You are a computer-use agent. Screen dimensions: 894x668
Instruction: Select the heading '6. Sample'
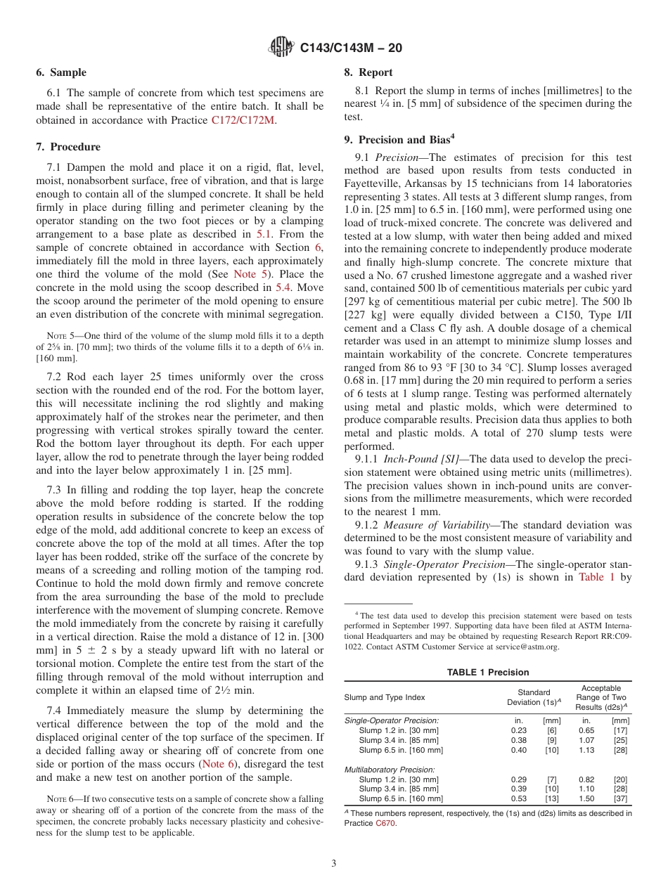pos(61,72)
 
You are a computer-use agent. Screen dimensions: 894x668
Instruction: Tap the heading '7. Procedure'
pos(68,147)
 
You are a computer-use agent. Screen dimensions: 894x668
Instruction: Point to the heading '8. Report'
pos(368,72)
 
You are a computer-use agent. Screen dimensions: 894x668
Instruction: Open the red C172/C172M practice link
pos(243,120)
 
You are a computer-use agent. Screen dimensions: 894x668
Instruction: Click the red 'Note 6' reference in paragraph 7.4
pos(219,765)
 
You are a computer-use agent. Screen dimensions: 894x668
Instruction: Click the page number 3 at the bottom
pos(334,864)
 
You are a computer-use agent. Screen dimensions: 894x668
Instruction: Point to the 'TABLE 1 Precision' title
pos(488,673)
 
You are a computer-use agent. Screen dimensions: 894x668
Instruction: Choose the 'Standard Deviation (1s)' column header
pos(534,697)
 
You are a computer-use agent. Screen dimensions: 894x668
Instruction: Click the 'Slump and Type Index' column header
pos(385,697)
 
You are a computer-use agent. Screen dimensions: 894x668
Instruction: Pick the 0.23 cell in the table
pos(518,730)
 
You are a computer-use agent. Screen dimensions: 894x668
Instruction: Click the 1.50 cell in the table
pos(586,798)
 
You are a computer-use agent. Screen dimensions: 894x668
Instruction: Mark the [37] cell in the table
pos(620,798)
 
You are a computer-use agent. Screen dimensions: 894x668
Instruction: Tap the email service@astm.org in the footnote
pos(525,647)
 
